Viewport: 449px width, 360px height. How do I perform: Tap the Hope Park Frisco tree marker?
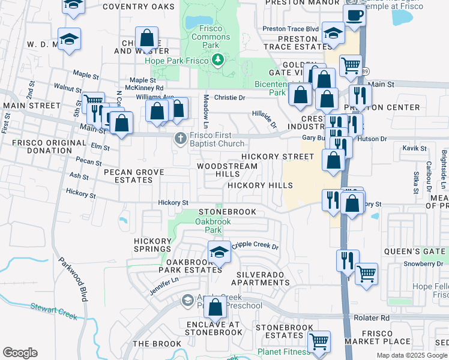point(217,59)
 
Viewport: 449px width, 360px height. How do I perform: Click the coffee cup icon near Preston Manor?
point(354,16)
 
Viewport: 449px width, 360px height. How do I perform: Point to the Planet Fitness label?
point(282,352)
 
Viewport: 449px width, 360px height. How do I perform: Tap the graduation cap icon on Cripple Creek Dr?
point(219,253)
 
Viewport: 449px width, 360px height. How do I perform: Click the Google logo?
point(20,353)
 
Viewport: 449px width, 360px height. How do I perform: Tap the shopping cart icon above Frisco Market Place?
point(366,274)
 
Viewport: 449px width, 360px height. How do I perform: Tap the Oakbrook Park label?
point(213,226)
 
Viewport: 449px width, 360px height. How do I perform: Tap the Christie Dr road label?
point(229,97)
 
